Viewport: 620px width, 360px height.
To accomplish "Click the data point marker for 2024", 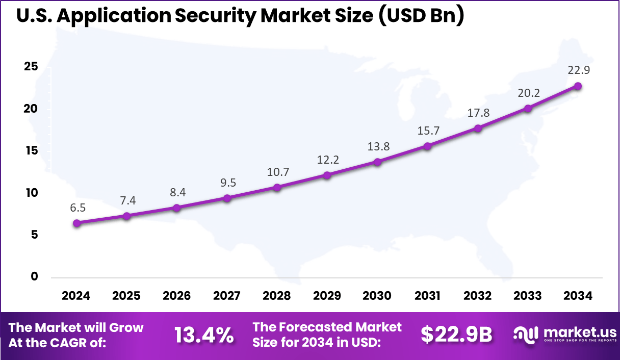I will [76, 223].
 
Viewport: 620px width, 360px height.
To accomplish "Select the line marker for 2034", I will [578, 86].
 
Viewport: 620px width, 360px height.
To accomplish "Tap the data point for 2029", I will [327, 175].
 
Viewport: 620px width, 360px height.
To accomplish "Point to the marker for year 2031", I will [427, 146].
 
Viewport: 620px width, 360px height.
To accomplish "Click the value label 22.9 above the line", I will [579, 70].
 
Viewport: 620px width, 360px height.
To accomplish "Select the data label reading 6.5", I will [77, 208].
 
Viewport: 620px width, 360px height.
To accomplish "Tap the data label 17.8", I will [478, 113].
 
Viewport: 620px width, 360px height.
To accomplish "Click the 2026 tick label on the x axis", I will [176, 296].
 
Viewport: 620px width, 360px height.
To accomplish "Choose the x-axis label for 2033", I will [528, 296].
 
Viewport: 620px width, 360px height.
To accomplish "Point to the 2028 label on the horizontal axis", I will [277, 296].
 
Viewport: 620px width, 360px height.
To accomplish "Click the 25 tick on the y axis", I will [31, 67].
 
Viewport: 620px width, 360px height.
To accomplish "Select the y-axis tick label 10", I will [31, 193].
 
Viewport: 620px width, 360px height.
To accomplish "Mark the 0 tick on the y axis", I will [35, 276].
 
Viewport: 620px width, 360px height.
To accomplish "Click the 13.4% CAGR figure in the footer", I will [204, 335].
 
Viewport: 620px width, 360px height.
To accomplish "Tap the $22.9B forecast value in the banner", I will [456, 335].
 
